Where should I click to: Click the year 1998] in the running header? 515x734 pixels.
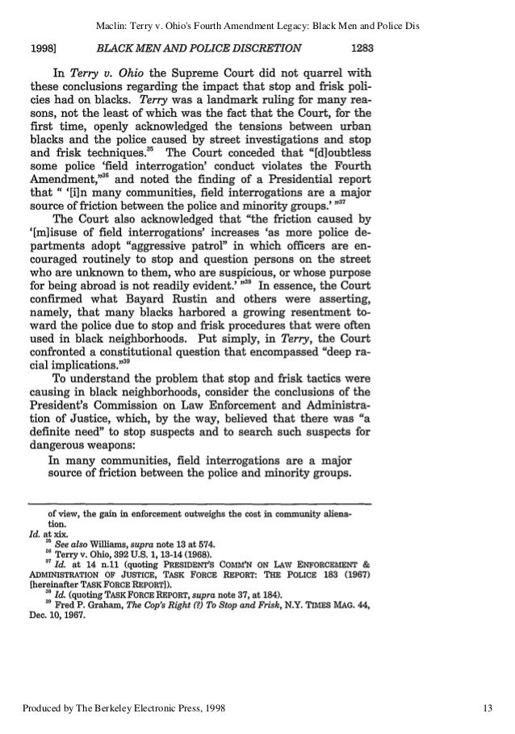coord(45,47)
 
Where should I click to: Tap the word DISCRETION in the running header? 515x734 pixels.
coord(270,47)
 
